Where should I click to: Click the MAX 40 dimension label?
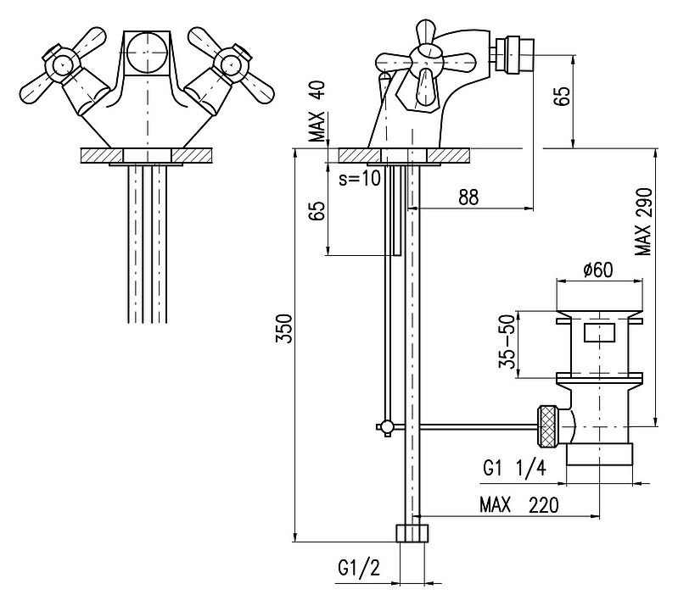(x=318, y=111)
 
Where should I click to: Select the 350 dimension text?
(x=284, y=329)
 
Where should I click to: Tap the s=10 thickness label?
(x=359, y=178)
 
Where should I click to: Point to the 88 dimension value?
(x=468, y=197)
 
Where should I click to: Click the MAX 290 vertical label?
(x=643, y=221)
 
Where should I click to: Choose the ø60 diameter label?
(x=598, y=270)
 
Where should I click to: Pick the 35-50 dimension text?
(x=507, y=342)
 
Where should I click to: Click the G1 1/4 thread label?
(x=514, y=468)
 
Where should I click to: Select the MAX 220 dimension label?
(x=518, y=504)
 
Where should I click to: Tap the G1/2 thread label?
(x=359, y=568)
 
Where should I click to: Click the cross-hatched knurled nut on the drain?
(x=548, y=427)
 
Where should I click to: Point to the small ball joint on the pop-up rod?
(x=387, y=427)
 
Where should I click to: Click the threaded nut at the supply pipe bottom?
(x=413, y=533)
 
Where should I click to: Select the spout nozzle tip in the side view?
(x=515, y=53)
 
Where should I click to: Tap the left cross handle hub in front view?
(x=62, y=64)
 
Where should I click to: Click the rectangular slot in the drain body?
(x=599, y=332)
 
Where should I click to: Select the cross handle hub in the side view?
(x=425, y=61)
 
